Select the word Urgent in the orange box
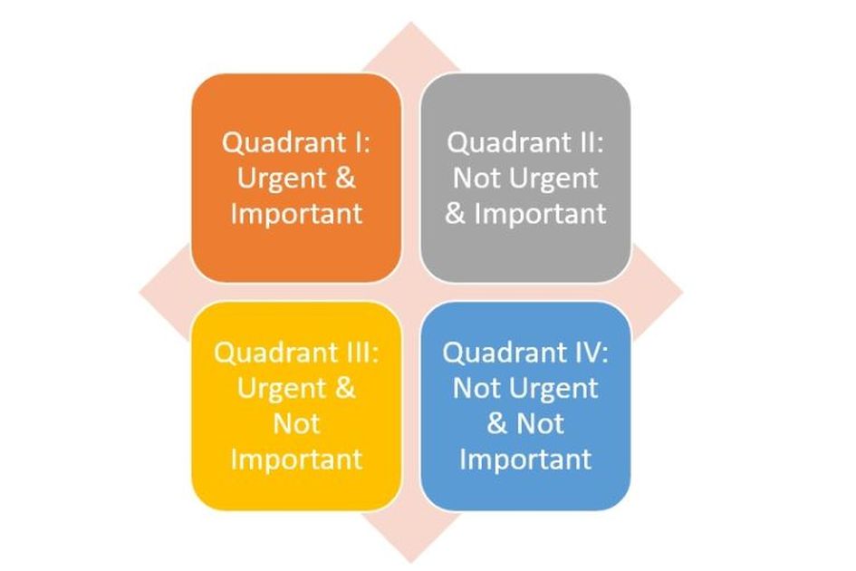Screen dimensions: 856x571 click(x=282, y=179)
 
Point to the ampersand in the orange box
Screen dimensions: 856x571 click(x=345, y=179)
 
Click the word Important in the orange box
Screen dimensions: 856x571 click(x=296, y=213)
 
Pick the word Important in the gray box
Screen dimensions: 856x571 click(x=540, y=213)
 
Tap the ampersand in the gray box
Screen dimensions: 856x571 click(x=455, y=213)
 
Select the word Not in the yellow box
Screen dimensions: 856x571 click(x=296, y=423)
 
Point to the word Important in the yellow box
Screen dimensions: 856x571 click(x=296, y=459)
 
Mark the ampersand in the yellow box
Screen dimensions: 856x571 click(x=345, y=389)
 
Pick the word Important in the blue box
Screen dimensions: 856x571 click(x=525, y=459)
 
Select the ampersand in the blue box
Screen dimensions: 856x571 click(x=497, y=423)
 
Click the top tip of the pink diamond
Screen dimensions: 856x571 click(x=411, y=23)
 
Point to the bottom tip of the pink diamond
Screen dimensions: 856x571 click(x=411, y=562)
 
